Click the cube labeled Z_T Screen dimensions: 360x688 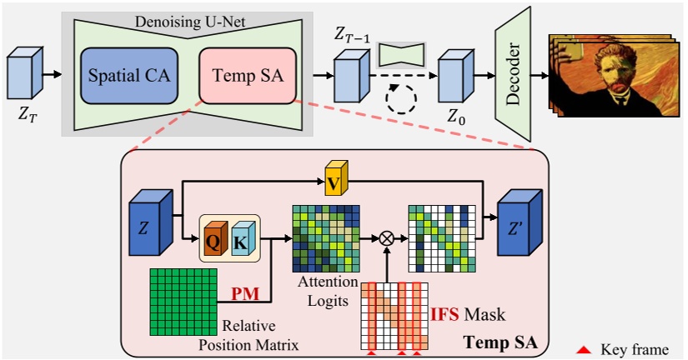[x=25, y=75]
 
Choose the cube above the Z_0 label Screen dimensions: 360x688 [x=455, y=76]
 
